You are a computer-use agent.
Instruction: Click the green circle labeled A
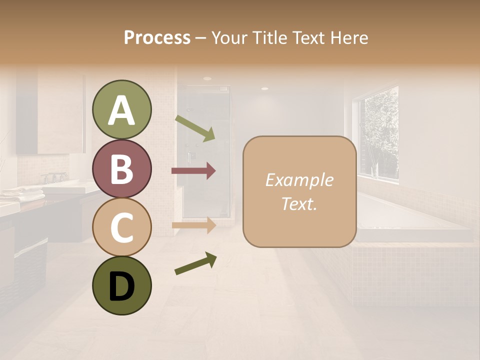point(121,109)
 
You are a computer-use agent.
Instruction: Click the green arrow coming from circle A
point(195,128)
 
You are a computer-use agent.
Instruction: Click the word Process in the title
point(157,38)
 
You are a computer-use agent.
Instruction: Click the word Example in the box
point(299,180)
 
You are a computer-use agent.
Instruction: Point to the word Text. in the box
point(299,204)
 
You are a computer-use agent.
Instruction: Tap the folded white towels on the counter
point(22,194)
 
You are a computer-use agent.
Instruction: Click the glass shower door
point(205,155)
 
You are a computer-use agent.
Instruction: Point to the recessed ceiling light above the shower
point(207,78)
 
